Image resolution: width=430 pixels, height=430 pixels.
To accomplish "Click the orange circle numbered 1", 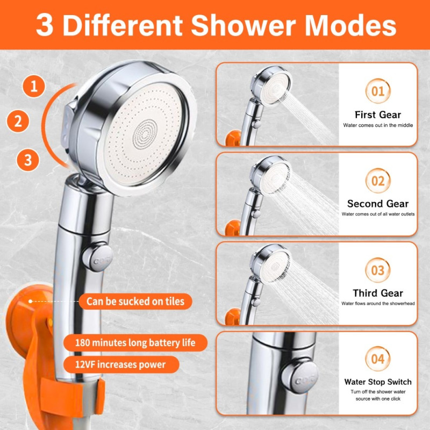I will coord(34,86).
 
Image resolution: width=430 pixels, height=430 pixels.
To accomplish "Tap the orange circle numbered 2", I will coord(18,121).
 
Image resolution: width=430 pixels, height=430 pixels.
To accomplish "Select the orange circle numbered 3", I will coord(27,160).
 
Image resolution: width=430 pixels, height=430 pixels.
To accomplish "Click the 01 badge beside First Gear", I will coord(378,92).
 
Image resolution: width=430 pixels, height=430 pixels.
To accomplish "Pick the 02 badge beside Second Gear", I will coord(378,181).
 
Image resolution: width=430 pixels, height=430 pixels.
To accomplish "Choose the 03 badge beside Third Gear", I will coord(378,270).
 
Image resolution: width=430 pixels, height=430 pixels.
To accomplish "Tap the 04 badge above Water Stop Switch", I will coord(378,359).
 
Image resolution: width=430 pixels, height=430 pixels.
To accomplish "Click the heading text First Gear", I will coord(378,114).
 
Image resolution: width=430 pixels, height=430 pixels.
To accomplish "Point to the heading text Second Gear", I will coord(378,204).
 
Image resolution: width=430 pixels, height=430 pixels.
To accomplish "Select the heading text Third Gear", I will coord(378,293).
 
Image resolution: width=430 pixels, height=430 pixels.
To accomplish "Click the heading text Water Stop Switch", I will coord(378,382).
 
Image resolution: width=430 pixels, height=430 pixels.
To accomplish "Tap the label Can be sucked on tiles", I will coord(135,302).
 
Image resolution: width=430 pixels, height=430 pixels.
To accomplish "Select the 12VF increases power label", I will coord(121,364).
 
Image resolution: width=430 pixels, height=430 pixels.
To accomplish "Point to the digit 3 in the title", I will coord(45,26).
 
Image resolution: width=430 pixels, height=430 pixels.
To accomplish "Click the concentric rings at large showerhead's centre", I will coord(145,130).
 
